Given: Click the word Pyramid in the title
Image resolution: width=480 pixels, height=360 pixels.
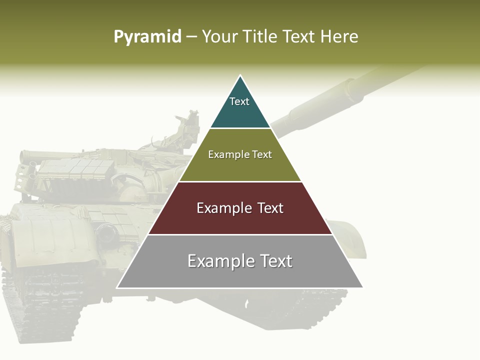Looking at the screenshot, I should tap(147, 37).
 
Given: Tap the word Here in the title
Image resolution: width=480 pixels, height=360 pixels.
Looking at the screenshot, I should tap(339, 36).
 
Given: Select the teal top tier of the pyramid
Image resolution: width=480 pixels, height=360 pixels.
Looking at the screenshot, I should tap(240, 107).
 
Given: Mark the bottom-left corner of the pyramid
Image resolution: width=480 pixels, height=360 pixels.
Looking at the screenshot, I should tap(117, 287).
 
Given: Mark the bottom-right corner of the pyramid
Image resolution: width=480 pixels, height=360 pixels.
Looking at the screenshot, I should tap(362, 287).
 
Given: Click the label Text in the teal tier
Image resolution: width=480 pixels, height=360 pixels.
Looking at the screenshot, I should tap(239, 101).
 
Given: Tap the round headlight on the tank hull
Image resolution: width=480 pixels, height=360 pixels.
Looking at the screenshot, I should tap(106, 233).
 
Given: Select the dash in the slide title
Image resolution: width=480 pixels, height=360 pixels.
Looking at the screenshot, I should tap(191, 37).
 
